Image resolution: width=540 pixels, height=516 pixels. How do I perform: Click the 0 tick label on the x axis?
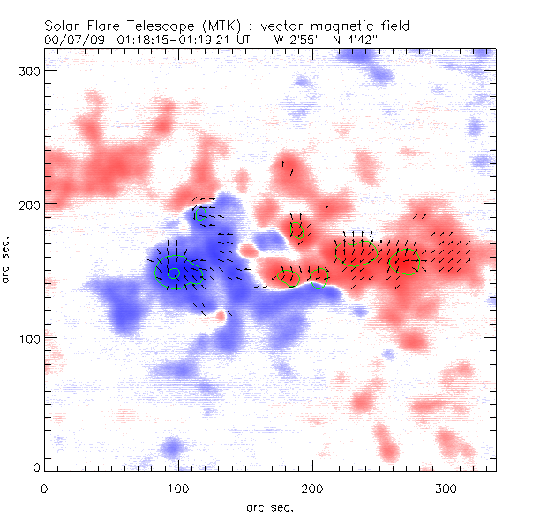44,488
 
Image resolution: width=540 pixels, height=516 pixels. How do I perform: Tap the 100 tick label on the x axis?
178,488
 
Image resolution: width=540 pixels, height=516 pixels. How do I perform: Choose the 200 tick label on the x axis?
312,488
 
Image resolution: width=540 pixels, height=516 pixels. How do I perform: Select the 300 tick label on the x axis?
446,488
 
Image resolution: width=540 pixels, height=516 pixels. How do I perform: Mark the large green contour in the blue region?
174,271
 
